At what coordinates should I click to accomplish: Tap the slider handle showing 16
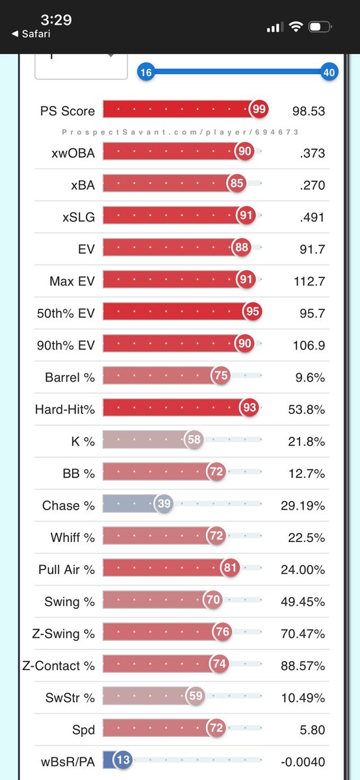pos(146,72)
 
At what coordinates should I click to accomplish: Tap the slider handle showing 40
pos(329,72)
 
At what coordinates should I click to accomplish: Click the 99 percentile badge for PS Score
pos(259,109)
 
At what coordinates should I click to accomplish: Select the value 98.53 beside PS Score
pos(309,111)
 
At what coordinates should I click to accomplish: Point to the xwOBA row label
pos(73,153)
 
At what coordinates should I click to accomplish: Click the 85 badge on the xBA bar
pos(237,183)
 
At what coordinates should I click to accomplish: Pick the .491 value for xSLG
pos(313,217)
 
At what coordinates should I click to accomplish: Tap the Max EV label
pos(72,281)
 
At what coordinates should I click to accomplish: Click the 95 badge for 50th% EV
pos(252,311)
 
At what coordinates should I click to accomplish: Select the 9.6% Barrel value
pos(310,378)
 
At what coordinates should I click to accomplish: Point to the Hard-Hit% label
pos(65,409)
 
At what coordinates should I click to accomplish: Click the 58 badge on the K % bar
pos(194,439)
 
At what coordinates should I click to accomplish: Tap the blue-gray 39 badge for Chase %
pos(164,503)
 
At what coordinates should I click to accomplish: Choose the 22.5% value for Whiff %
pos(306,538)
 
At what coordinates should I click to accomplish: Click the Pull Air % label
pos(66,569)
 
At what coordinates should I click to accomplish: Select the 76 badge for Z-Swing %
pos(222,631)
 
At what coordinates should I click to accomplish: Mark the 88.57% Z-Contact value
pos(303,666)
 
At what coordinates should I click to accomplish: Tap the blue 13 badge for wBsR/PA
pos(123,759)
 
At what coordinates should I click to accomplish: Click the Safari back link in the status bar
pos(31,34)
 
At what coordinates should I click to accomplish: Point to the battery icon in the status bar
pos(320,27)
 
